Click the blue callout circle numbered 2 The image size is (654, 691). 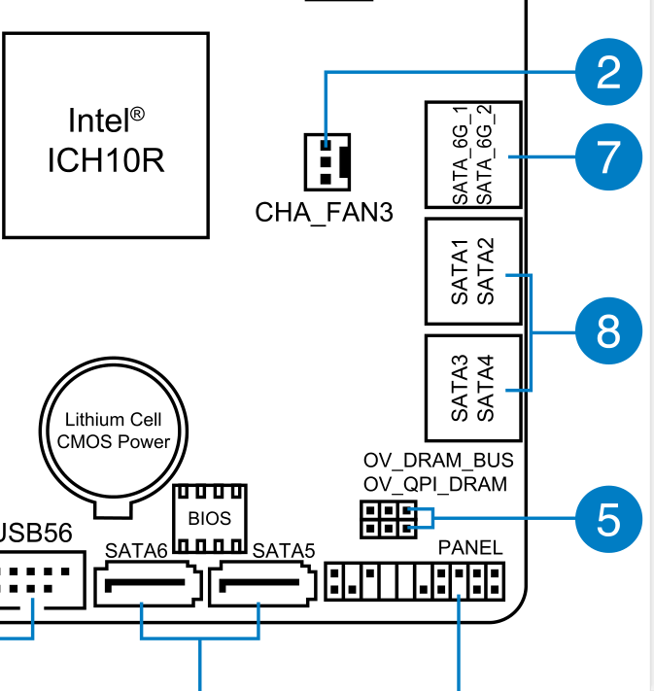click(608, 73)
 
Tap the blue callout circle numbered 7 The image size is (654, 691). click(608, 156)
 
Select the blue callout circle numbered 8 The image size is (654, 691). click(608, 332)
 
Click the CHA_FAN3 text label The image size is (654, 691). click(325, 212)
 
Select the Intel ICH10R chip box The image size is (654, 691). click(105, 135)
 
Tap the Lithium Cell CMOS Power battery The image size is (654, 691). click(113, 433)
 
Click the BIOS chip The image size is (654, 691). click(210, 517)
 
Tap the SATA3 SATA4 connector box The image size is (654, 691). click(473, 388)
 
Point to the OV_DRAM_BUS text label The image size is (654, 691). click(437, 460)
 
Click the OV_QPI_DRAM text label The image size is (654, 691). click(434, 484)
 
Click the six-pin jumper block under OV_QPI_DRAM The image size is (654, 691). click(385, 519)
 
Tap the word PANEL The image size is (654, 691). click(470, 548)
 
